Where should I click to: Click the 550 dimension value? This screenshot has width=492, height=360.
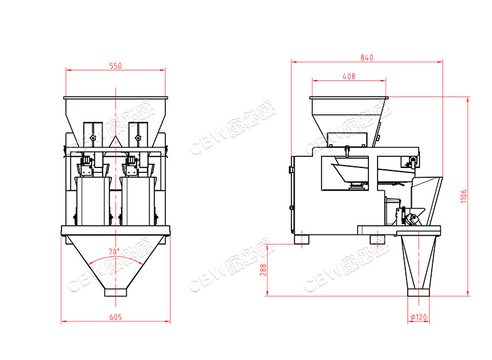point(116,66)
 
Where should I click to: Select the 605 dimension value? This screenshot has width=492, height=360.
point(116,317)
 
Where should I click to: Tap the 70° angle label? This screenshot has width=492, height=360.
point(114,252)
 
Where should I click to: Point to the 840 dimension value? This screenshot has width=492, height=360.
point(367,57)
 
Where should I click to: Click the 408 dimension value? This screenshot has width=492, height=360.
point(349,76)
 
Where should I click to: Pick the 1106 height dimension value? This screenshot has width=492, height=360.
point(464,196)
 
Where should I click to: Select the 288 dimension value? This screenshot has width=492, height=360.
point(263,270)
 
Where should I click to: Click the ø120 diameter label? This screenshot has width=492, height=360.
point(419,317)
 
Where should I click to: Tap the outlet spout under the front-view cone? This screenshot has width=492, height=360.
point(116,292)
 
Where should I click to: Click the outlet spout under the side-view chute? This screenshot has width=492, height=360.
point(418,292)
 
